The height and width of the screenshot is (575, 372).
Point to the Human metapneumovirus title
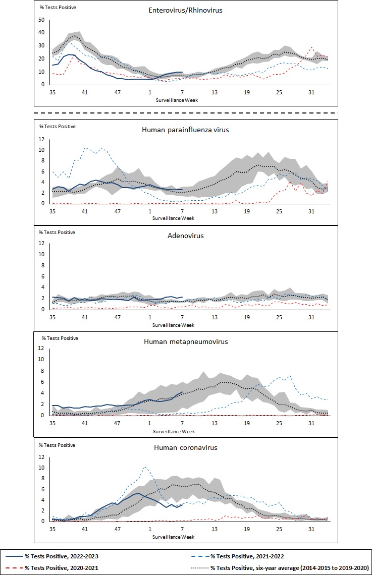click(186, 341)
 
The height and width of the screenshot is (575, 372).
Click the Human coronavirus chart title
click(184, 447)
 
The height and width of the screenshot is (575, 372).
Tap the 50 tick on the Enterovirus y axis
click(42, 20)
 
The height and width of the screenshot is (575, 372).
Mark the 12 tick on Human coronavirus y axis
click(42, 457)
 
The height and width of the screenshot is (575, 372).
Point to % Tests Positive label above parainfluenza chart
click(58, 126)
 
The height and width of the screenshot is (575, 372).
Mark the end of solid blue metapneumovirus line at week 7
click(182, 392)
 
